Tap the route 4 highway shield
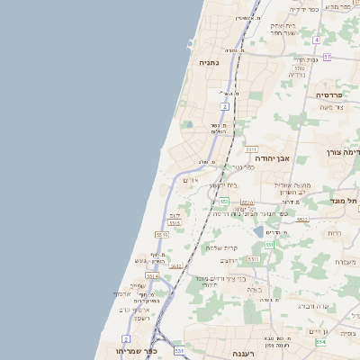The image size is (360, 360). coord(317,40)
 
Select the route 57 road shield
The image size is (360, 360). coord(327,57)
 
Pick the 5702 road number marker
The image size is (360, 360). coord(298,67)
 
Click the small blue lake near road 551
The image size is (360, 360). coord(259,231)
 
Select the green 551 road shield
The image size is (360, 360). coord(268,244)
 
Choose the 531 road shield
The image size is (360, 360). coord(179,349)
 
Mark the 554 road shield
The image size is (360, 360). coord(320,341)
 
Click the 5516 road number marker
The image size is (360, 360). coord(162,234)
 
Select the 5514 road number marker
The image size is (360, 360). coord(152,276)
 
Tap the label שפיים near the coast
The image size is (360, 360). coord(137,285)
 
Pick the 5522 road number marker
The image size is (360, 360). coord(301,219)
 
